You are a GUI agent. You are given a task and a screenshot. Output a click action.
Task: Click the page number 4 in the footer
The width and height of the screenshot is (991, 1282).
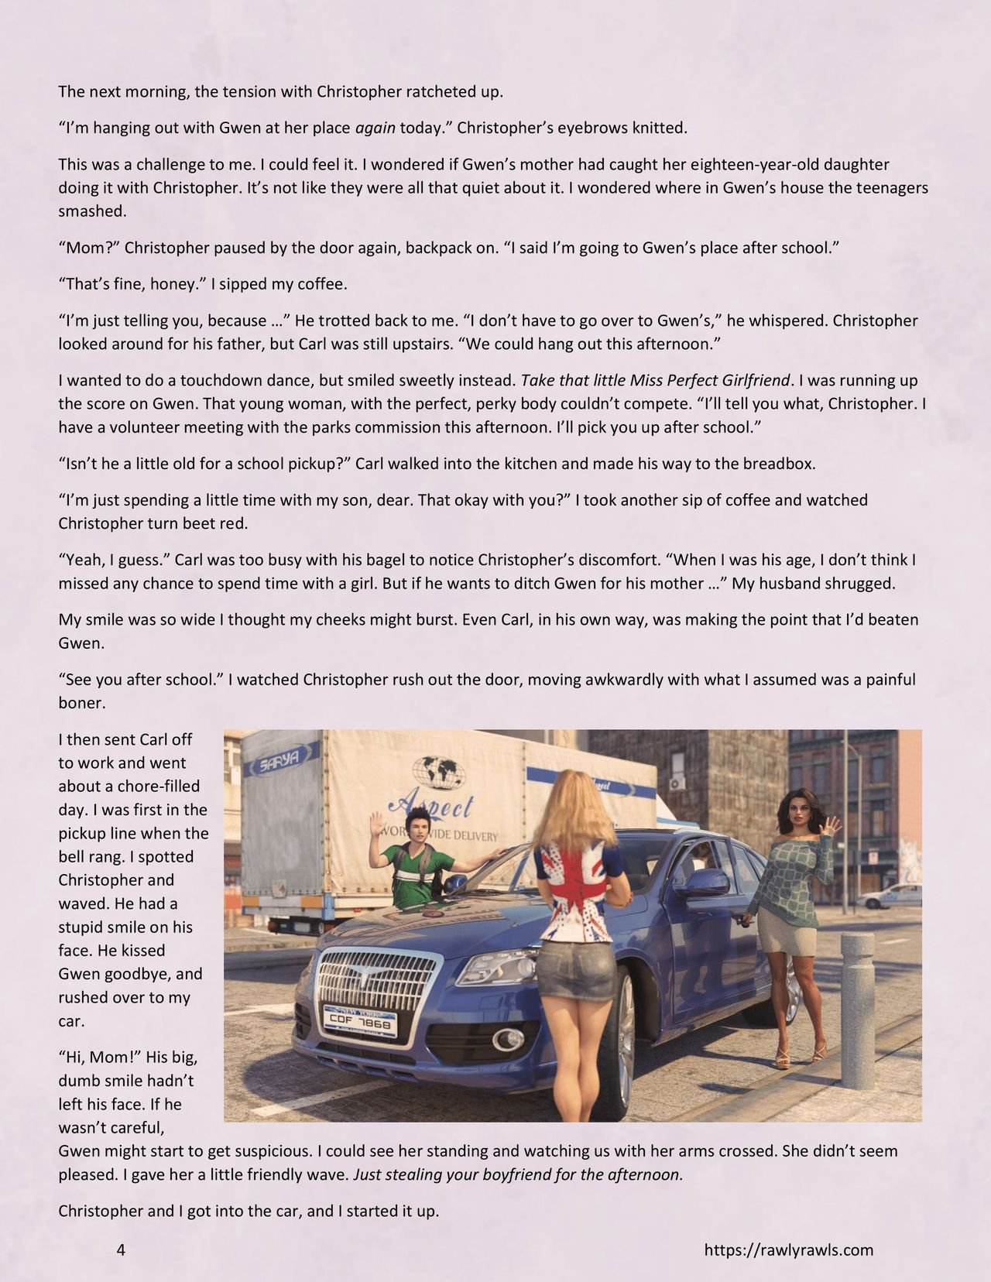(x=121, y=1249)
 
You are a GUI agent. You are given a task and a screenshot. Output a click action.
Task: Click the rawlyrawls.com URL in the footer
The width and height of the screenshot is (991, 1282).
(x=788, y=1249)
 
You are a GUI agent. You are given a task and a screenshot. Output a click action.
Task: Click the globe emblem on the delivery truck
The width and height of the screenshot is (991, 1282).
(x=443, y=769)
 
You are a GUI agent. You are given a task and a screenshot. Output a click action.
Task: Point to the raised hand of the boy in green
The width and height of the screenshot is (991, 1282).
(x=377, y=824)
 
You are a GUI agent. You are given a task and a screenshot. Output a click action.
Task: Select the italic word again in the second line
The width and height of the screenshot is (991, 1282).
(x=375, y=128)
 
